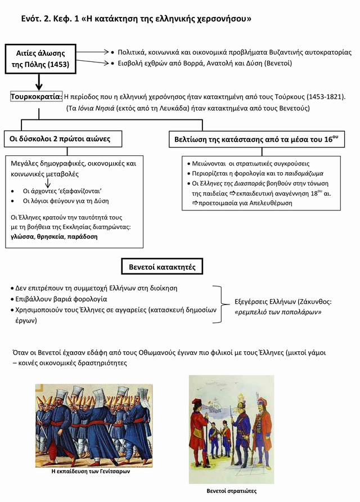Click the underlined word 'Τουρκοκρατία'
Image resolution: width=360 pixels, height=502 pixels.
click(37, 97)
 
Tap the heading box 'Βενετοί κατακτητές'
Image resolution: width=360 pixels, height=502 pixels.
click(162, 266)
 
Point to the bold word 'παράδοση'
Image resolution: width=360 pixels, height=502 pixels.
click(82, 237)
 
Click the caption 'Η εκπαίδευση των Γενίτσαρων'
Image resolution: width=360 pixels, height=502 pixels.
click(91, 471)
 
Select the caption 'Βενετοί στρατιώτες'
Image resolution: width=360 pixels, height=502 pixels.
click(231, 491)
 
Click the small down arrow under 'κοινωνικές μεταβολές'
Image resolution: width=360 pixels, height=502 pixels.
click(47, 182)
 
